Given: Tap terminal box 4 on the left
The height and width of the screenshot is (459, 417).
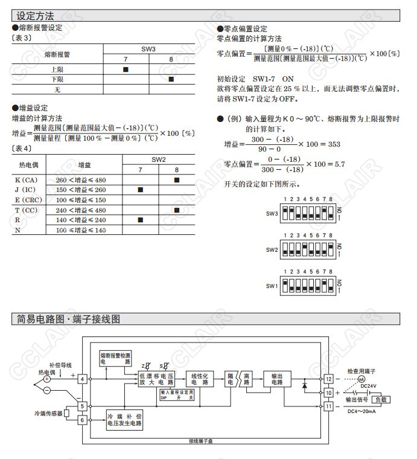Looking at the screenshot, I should pyautogui.click(x=82, y=379).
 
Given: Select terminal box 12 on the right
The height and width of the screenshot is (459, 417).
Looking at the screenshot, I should pyautogui.click(x=329, y=379).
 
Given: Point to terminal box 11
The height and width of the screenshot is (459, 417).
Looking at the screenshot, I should pyautogui.click(x=329, y=406).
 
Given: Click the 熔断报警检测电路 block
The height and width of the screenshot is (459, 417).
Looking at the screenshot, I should pyautogui.click(x=115, y=358).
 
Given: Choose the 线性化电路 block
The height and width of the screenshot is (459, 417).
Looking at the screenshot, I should pyautogui.click(x=200, y=379).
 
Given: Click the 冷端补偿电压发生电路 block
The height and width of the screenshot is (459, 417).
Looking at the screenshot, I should pyautogui.click(x=124, y=420).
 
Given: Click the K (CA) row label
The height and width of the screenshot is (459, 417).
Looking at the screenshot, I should pyautogui.click(x=26, y=180).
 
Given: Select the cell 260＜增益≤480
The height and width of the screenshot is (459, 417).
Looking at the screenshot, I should pyautogui.click(x=81, y=180).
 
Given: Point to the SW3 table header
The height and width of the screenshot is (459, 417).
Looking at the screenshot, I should pyautogui.click(x=148, y=48).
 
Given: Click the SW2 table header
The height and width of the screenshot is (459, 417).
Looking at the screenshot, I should pyautogui.click(x=159, y=159).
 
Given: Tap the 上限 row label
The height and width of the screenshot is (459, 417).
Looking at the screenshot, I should pyautogui.click(x=57, y=69).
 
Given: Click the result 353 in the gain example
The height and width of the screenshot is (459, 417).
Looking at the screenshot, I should pyautogui.click(x=333, y=144).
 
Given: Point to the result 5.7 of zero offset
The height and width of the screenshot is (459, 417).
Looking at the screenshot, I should pyautogui.click(x=339, y=164).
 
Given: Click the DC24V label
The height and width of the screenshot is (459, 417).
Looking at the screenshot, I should pyautogui.click(x=368, y=386).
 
